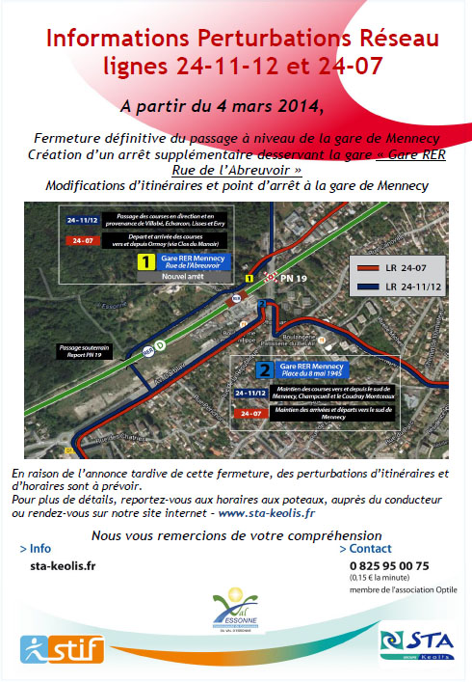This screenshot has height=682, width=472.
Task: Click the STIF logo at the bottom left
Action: click(61, 648)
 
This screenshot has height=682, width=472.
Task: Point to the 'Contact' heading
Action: click(368, 548)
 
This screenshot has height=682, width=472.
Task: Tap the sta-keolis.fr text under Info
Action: click(63, 566)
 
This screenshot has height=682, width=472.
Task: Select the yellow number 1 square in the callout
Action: click(146, 261)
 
